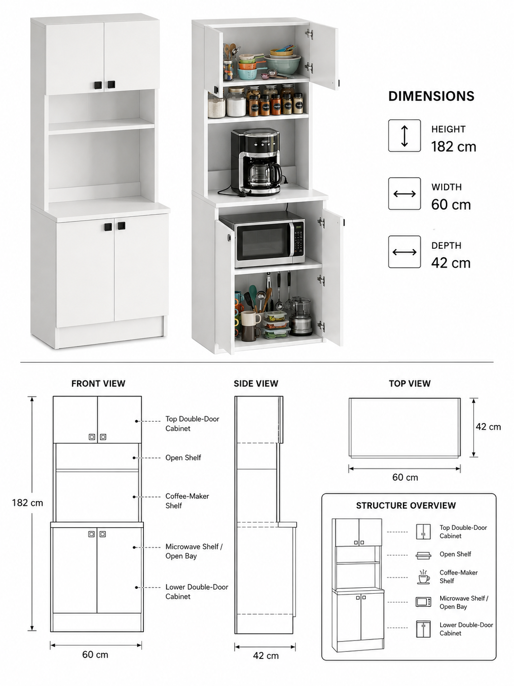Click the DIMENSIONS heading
click(x=431, y=96)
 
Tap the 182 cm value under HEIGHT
click(x=453, y=146)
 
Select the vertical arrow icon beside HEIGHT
click(x=404, y=135)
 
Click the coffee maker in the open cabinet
click(x=256, y=162)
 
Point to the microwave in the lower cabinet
click(x=262, y=239)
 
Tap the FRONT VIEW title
click(x=98, y=383)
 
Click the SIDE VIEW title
click(x=256, y=383)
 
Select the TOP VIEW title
click(x=409, y=383)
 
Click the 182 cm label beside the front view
click(x=27, y=503)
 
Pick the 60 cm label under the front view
click(x=95, y=654)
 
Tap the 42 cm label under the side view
click(x=266, y=655)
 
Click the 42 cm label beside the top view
click(x=488, y=426)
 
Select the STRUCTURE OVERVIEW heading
click(x=406, y=505)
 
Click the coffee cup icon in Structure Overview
click(x=424, y=577)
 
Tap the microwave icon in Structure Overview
click(x=424, y=602)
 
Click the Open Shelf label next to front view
click(x=183, y=458)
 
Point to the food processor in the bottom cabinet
click(x=300, y=316)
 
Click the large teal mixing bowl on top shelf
click(x=282, y=64)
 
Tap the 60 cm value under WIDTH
click(x=451, y=205)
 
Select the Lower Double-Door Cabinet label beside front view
click(x=196, y=592)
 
